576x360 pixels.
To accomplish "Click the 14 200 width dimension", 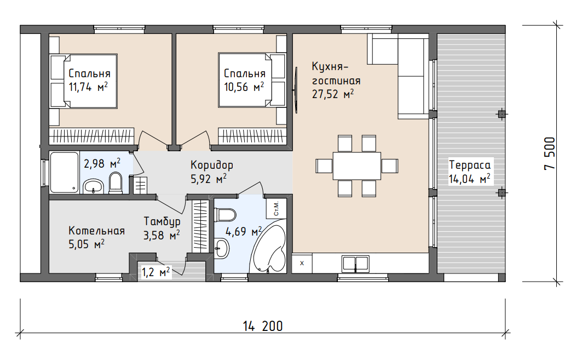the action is coord(263,326).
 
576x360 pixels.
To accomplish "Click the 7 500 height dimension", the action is coord(550,153).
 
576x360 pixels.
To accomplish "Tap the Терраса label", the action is coord(469,165).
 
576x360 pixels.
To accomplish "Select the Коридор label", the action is coord(211,165).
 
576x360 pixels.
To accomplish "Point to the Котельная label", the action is coord(96,231).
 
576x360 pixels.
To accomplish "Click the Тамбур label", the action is coord(162,221).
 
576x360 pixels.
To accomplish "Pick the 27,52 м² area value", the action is coord(333,94).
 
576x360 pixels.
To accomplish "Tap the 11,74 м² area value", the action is coord(88,87).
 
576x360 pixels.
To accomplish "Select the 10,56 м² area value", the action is coord(244,87).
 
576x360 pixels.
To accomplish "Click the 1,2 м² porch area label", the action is coord(155,272).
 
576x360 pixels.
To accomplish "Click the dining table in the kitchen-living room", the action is coord(356,166).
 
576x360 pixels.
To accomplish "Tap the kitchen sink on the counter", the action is coord(355,264).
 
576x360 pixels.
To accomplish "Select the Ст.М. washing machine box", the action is coord(276,209).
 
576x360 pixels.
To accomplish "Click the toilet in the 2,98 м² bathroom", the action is coord(116,183).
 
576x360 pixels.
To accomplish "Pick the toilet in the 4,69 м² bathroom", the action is coord(224,215).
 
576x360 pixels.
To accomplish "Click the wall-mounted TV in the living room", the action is coord(296,90).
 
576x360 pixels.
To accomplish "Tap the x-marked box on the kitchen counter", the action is coord(302,264).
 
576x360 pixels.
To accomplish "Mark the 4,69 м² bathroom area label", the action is coord(244,232).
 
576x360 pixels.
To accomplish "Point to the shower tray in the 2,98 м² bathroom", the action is coord(64,173).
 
